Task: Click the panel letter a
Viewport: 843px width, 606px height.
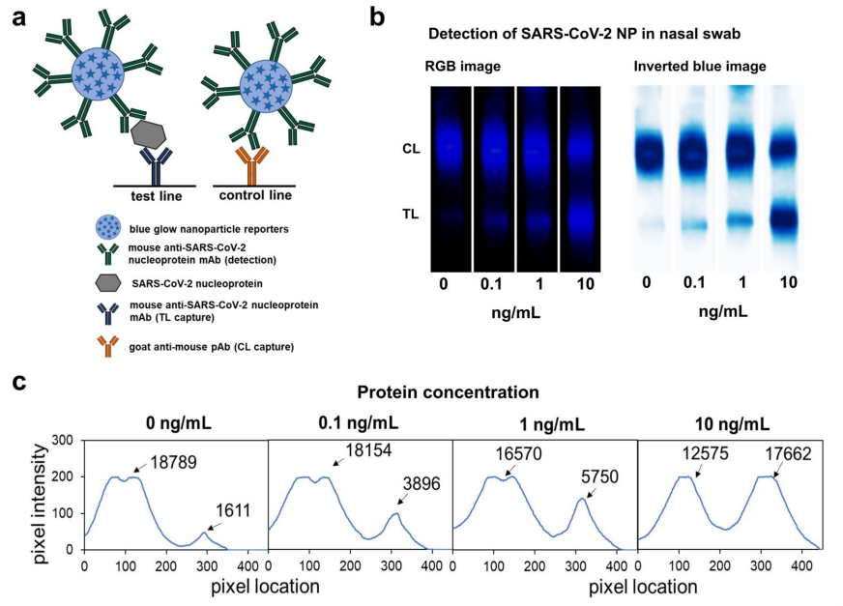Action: click(x=18, y=18)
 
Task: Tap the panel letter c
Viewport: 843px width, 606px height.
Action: click(x=18, y=381)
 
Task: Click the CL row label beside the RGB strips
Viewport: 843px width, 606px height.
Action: click(x=409, y=149)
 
